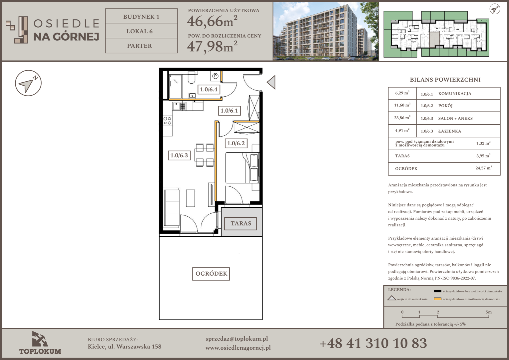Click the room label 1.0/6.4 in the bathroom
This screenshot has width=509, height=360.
[209, 89]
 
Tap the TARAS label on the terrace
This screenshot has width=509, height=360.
[241, 223]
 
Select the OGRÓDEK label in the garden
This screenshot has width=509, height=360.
[211, 274]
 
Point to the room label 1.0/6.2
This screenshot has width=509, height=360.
[236, 143]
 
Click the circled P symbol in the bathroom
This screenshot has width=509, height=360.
[215, 76]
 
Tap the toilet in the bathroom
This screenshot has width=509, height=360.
[192, 78]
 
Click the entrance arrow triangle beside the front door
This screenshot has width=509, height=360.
[271, 82]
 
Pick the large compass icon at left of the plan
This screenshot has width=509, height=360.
[28, 83]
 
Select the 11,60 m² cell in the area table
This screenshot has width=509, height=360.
[402, 105]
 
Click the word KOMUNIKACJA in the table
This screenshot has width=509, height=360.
[455, 94]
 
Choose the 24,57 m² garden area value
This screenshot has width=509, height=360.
[484, 168]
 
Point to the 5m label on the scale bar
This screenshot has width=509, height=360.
[489, 312]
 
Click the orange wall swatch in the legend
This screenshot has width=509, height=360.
[437, 299]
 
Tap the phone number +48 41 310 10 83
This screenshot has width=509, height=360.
[373, 343]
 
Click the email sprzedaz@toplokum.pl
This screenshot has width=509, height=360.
[237, 339]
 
